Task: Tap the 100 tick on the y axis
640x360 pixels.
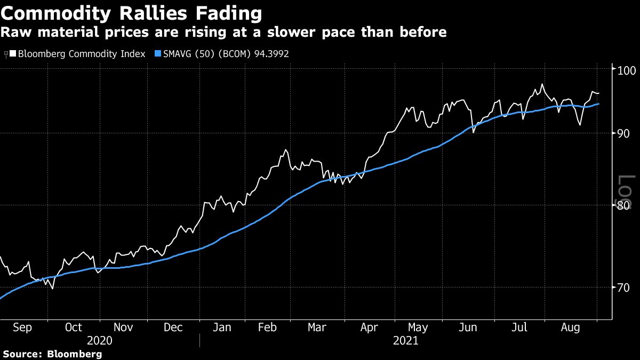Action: click(x=624, y=70)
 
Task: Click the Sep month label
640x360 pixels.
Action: click(x=22, y=327)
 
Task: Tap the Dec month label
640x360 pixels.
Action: click(x=174, y=327)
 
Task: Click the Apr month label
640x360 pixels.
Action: click(x=369, y=327)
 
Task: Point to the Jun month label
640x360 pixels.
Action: click(x=468, y=327)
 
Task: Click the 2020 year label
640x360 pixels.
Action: click(x=100, y=340)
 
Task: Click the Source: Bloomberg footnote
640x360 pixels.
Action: click(x=52, y=354)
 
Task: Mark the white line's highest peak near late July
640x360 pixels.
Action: click(x=542, y=84)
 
